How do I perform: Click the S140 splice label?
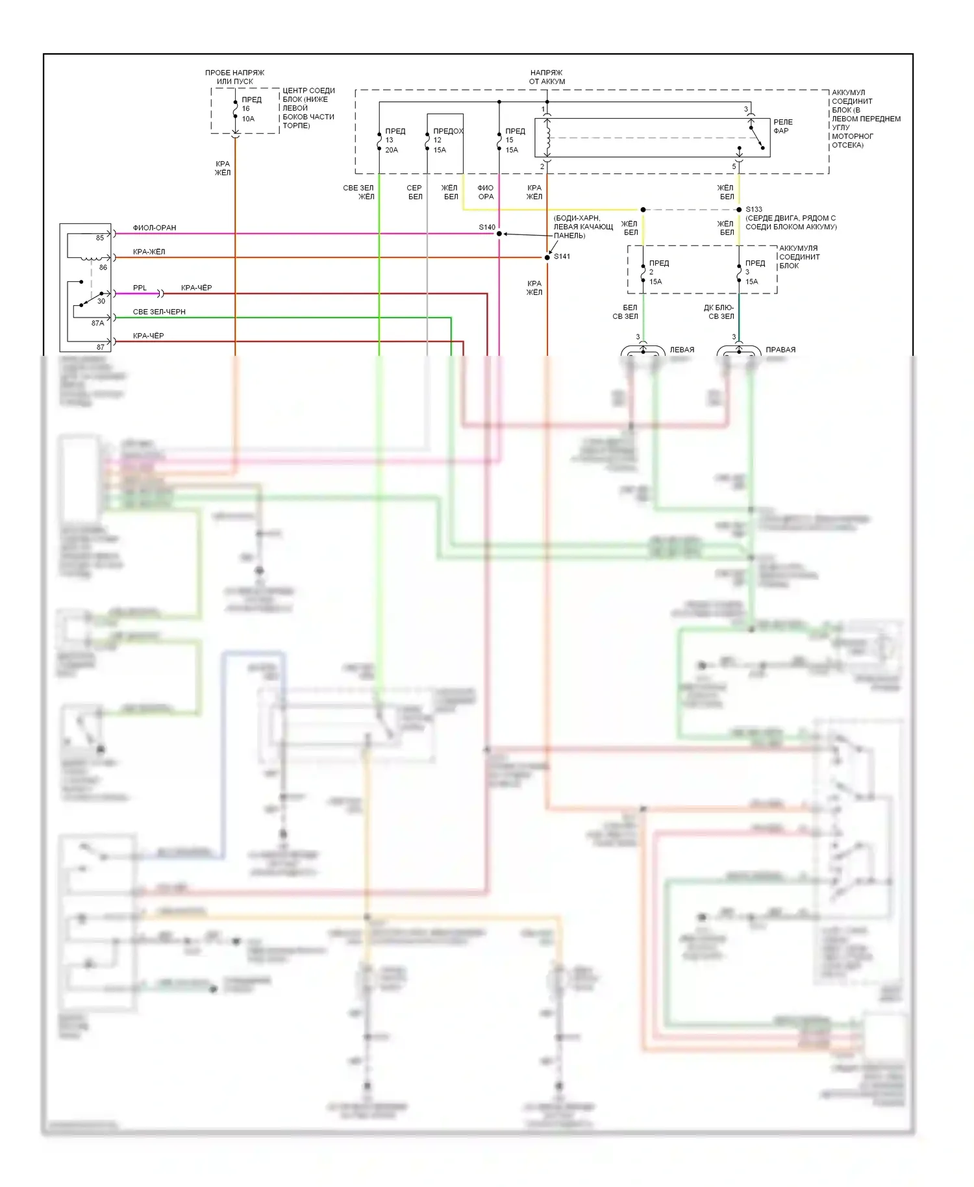tap(487, 227)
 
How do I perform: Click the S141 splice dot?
tap(547, 258)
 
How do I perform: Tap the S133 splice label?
tap(754, 209)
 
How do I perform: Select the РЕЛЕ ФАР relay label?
tap(782, 127)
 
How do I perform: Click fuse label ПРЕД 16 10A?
tap(251, 109)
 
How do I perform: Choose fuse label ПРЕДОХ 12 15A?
tap(447, 140)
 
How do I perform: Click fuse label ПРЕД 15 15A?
tap(514, 140)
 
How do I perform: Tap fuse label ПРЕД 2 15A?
tap(658, 272)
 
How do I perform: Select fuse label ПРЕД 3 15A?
tap(754, 272)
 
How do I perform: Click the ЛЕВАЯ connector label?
tap(682, 350)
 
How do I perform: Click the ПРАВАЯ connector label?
tap(780, 350)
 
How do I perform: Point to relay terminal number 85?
tap(100, 238)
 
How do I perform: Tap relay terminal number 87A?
tap(97, 323)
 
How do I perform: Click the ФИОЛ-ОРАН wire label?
tap(155, 228)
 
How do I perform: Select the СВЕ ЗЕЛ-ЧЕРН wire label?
tap(159, 312)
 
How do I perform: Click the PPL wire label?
tap(140, 288)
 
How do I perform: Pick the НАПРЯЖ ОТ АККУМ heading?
tap(547, 77)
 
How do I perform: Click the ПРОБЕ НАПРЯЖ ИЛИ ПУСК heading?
tap(234, 77)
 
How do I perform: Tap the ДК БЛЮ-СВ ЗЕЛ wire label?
tap(720, 312)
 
